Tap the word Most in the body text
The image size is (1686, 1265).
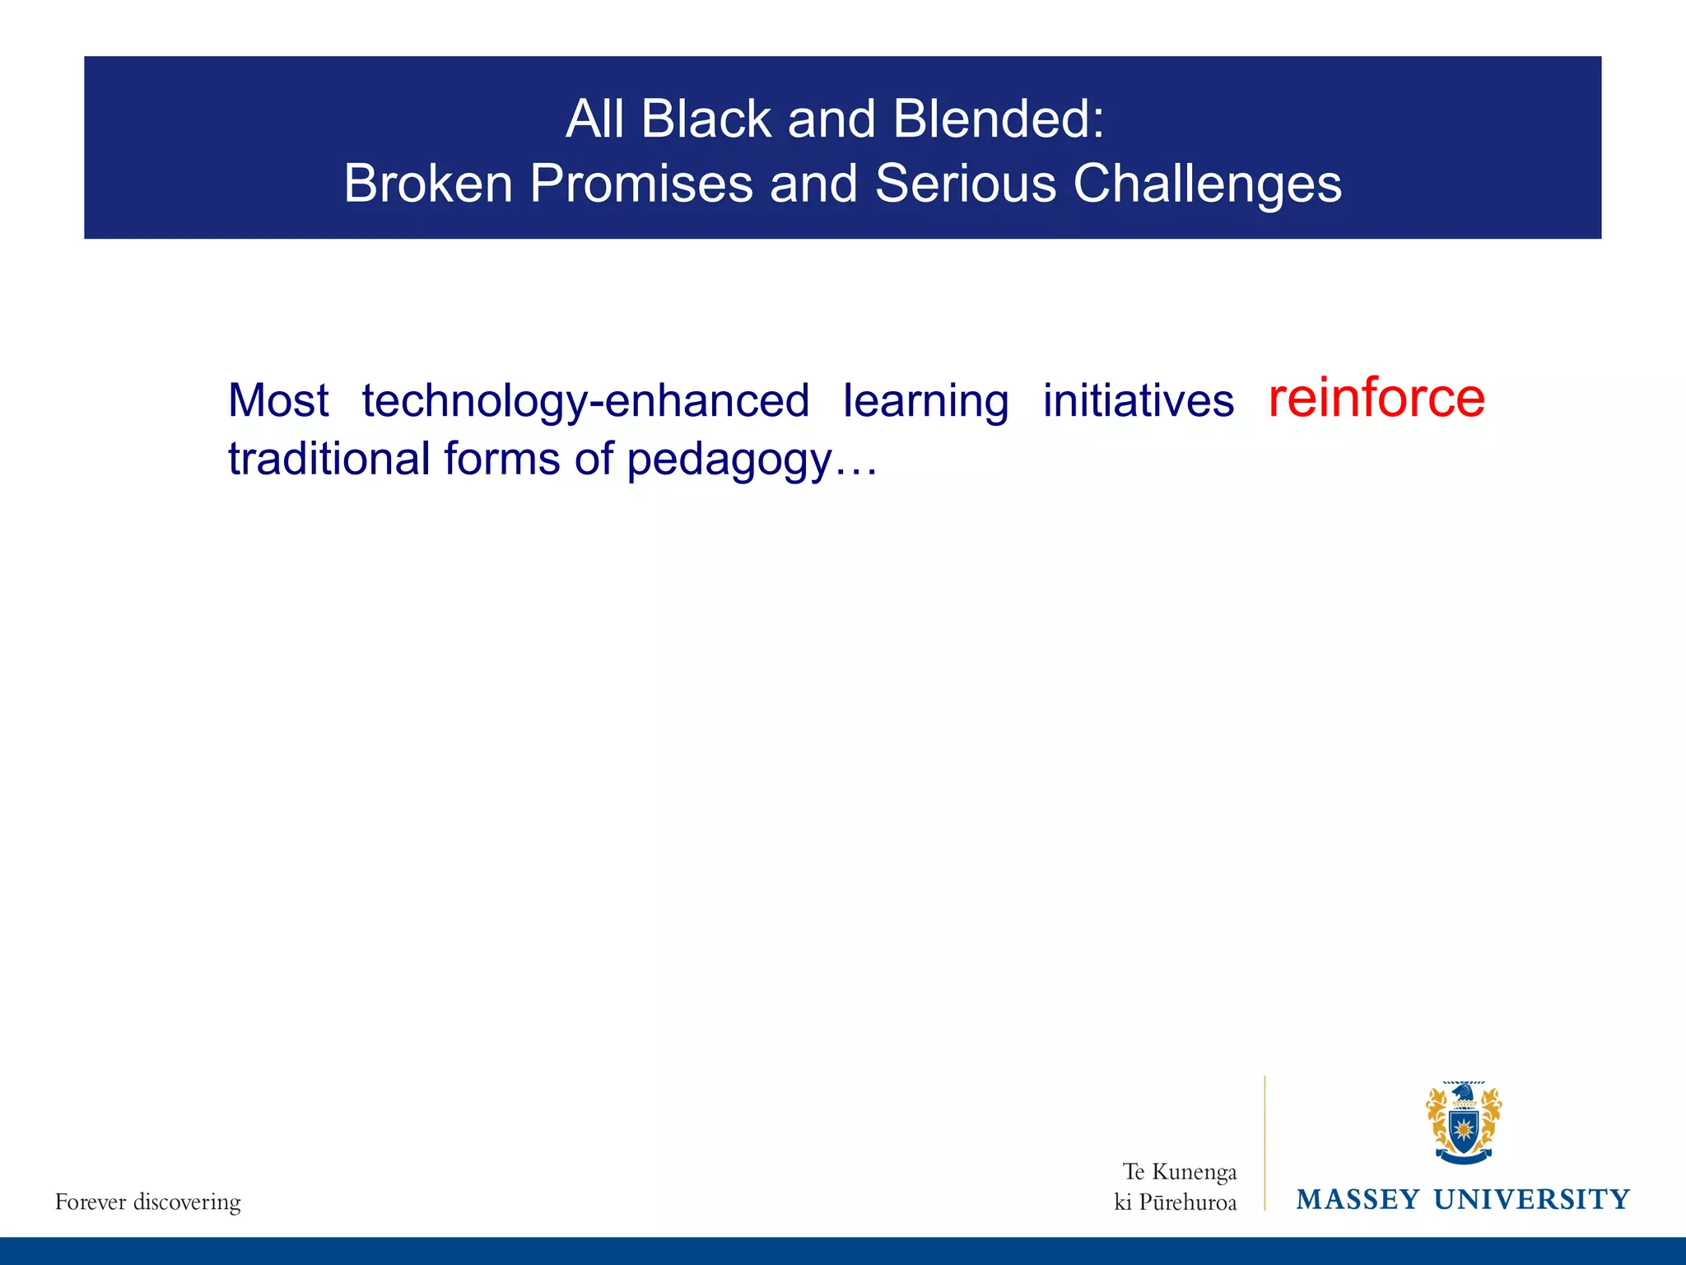(x=278, y=401)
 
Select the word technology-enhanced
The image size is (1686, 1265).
(x=585, y=401)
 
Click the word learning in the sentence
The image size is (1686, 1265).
(x=926, y=401)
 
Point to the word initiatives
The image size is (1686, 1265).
(x=1139, y=401)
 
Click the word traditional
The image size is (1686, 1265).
(x=328, y=459)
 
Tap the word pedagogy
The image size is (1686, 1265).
(x=729, y=460)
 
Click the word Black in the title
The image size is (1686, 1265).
(x=706, y=119)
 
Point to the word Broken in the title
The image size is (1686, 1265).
(x=428, y=183)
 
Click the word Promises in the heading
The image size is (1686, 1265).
(x=641, y=183)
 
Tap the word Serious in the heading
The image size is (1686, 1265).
(x=965, y=183)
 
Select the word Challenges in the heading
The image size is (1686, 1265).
(x=1207, y=183)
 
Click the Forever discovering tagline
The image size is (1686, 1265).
(x=148, y=1202)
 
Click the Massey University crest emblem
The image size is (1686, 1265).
(x=1464, y=1123)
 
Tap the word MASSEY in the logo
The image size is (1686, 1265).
(x=1358, y=1200)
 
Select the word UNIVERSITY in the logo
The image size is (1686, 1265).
(x=1531, y=1200)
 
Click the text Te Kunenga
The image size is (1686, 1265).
(x=1180, y=1172)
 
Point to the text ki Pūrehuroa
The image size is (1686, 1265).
(x=1176, y=1203)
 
